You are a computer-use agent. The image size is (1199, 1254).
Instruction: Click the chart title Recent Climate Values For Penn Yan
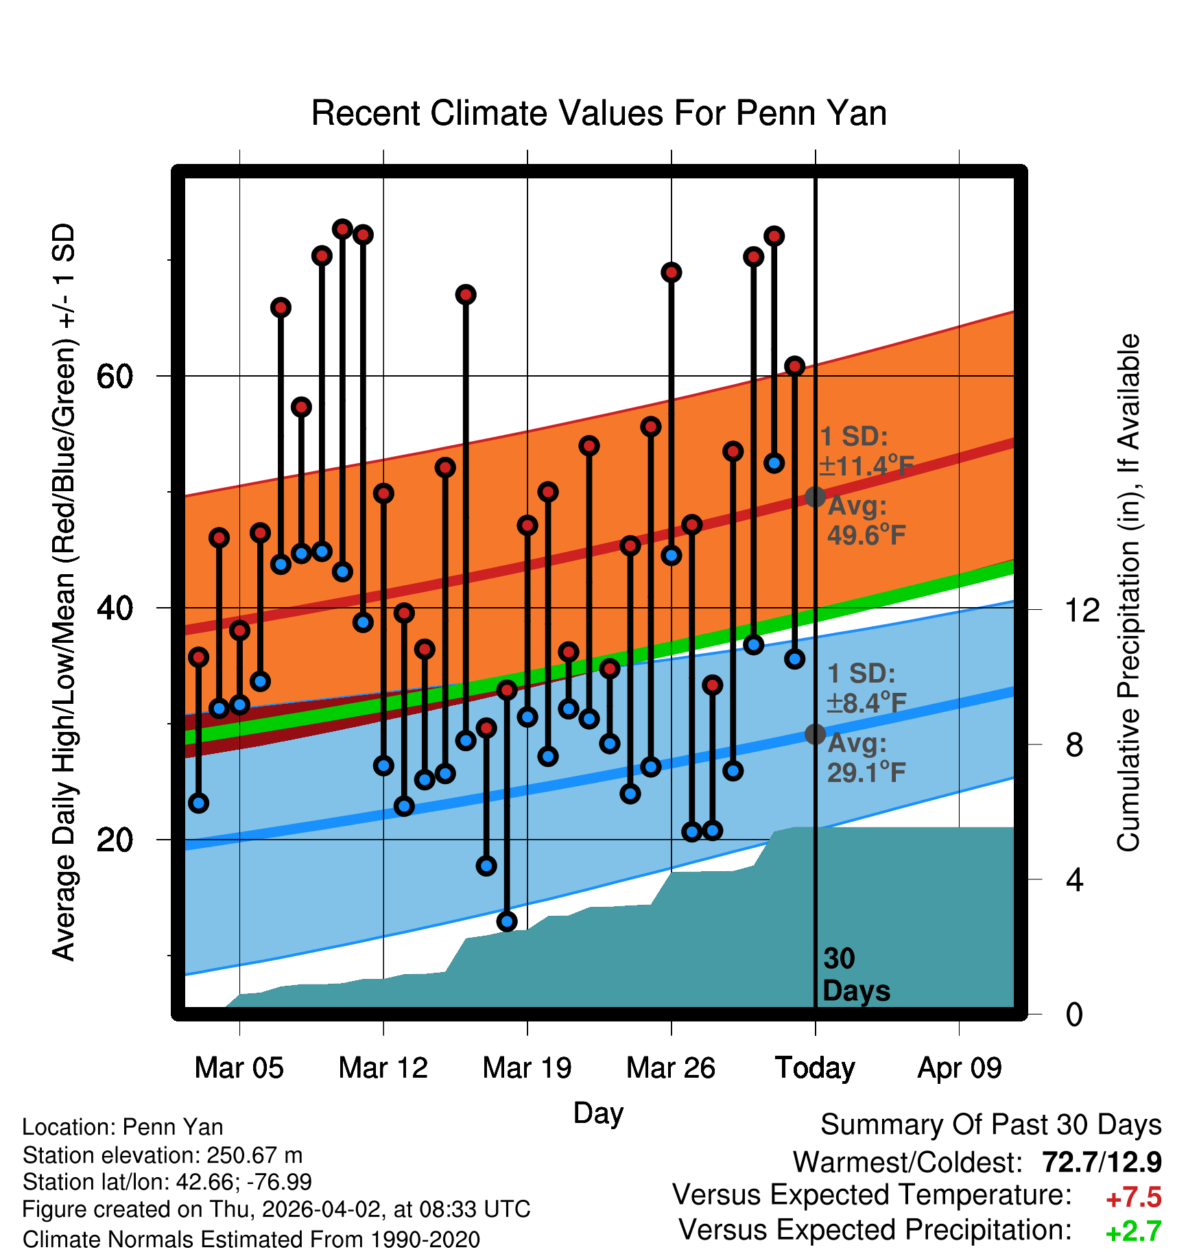(x=599, y=113)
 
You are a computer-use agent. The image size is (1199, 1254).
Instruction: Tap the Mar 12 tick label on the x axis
(x=383, y=1068)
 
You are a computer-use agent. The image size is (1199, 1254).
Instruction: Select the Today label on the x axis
(x=815, y=1068)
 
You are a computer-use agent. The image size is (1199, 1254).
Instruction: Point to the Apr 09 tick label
(x=960, y=1068)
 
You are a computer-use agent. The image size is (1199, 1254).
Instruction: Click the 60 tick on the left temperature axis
(x=115, y=376)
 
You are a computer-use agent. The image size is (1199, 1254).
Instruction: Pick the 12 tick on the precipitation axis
(x=1082, y=609)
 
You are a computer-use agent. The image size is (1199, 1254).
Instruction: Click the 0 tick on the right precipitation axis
(x=1074, y=1014)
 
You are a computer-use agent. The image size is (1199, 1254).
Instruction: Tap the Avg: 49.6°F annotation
(x=866, y=521)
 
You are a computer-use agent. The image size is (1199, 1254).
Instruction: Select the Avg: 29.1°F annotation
(x=866, y=758)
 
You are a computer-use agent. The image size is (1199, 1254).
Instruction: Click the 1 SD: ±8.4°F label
(x=866, y=688)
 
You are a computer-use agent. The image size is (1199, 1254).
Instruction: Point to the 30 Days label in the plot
(x=855, y=975)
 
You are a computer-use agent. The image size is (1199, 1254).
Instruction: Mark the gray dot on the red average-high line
(x=815, y=497)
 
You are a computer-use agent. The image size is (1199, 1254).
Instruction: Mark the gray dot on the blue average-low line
(x=815, y=734)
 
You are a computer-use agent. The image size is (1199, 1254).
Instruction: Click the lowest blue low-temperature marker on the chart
(x=507, y=921)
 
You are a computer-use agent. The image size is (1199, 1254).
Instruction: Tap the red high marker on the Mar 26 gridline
(x=672, y=272)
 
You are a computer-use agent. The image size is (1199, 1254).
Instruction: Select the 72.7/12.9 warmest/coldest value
(x=1102, y=1162)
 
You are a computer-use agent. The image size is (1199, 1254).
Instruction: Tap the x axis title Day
(x=598, y=1113)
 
